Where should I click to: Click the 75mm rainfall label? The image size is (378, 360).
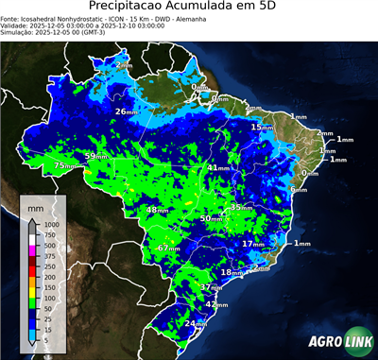pyautogui.click(x=64, y=165)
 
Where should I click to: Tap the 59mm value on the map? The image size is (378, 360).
pyautogui.click(x=95, y=156)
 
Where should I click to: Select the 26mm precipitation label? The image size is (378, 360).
pyautogui.click(x=126, y=111)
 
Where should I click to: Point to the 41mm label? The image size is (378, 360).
pyautogui.click(x=218, y=167)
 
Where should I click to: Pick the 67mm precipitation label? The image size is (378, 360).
pyautogui.click(x=168, y=248)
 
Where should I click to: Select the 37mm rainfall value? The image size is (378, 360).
pyautogui.click(x=212, y=286)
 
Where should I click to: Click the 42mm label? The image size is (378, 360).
pyautogui.click(x=216, y=305)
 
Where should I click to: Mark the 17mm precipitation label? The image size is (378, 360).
pyautogui.click(x=252, y=244)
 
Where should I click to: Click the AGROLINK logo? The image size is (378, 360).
pyautogui.click(x=339, y=341)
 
